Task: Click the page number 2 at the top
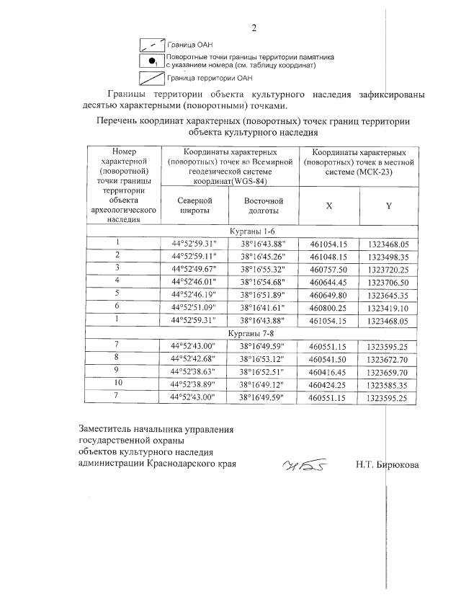[x=254, y=28]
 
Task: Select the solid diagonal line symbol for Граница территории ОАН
[x=151, y=78]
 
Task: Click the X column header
[x=328, y=205]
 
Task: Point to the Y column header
[x=388, y=205]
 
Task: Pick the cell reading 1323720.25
[x=388, y=268]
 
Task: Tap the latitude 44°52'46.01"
[x=194, y=280]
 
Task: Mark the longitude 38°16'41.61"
[x=263, y=306]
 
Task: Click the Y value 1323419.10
[x=388, y=306]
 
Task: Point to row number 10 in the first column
[x=116, y=385]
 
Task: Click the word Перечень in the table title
[x=118, y=121]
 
